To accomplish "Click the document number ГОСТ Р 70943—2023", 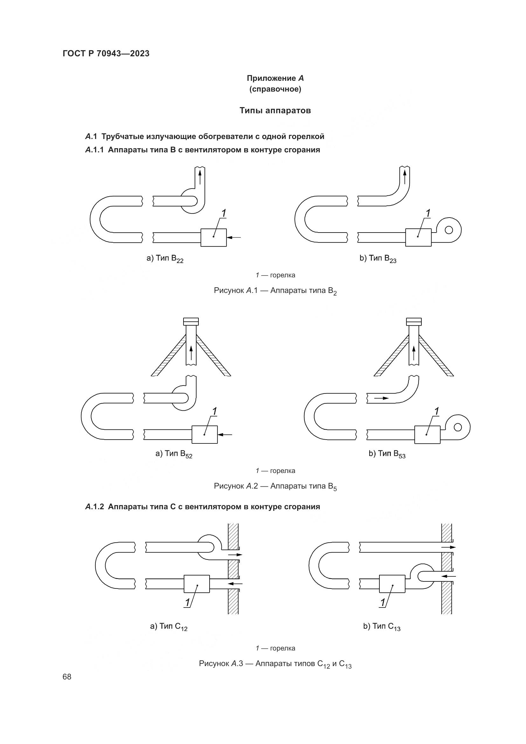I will click(x=106, y=53).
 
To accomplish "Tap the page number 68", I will click(x=67, y=677).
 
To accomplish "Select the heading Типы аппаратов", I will click(x=275, y=110).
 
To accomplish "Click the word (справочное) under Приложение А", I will click(x=275, y=89).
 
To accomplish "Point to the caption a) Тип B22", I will click(x=165, y=259).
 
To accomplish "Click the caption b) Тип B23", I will click(x=378, y=259).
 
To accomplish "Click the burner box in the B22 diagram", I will click(x=213, y=238).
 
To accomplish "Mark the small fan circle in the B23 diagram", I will click(x=449, y=230).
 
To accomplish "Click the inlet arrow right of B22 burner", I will click(x=234, y=238).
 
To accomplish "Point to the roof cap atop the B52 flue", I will click(x=191, y=322).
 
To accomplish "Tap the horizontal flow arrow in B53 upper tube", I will click(x=381, y=398).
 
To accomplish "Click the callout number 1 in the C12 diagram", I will click(x=187, y=602).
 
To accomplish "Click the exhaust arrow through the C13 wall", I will click(x=448, y=547).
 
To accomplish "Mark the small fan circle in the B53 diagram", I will click(x=458, y=428).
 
